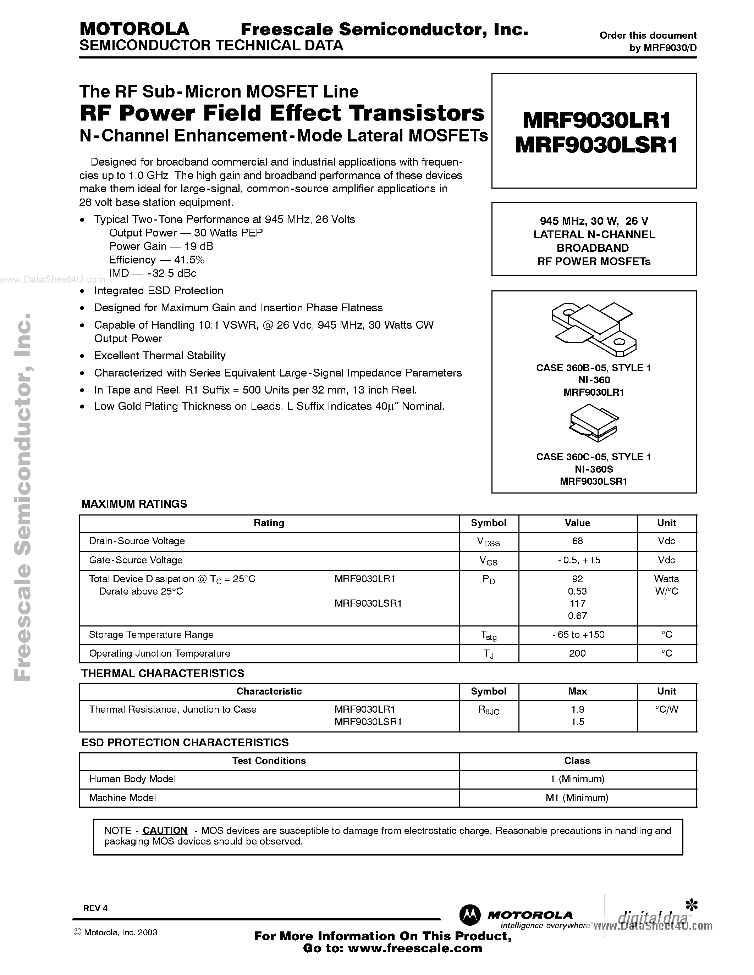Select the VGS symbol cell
point(488,561)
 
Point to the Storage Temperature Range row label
point(151,635)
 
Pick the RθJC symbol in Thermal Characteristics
point(488,710)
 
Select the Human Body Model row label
point(132,779)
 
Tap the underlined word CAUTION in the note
point(165,831)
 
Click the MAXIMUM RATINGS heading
point(134,504)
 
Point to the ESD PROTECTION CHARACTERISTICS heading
point(185,742)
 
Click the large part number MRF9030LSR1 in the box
point(596,145)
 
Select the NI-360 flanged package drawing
point(594,329)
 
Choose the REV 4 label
point(95,908)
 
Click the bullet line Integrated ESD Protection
point(158,291)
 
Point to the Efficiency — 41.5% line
point(156,260)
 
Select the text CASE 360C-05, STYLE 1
point(594,457)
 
